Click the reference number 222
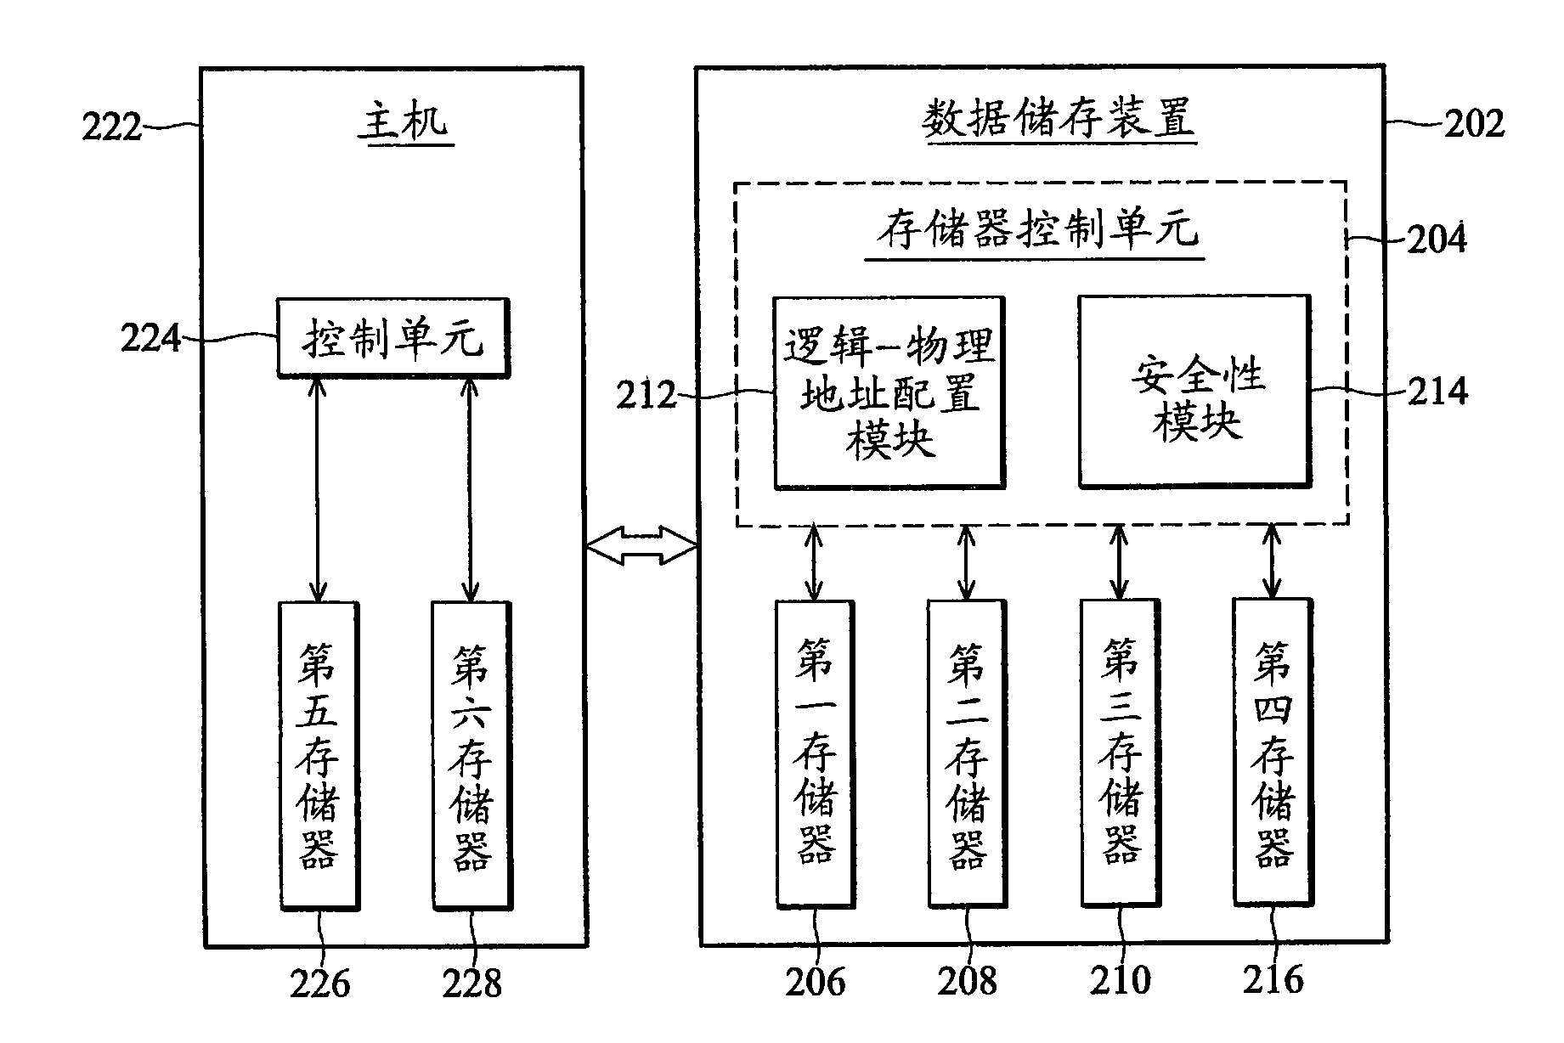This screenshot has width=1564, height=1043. click(111, 128)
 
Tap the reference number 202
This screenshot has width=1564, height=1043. click(1474, 125)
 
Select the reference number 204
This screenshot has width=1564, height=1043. click(1437, 239)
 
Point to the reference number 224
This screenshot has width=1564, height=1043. click(151, 339)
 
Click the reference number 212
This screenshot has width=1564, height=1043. click(646, 396)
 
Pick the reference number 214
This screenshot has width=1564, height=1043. click(1438, 392)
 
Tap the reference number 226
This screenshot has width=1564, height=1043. click(319, 984)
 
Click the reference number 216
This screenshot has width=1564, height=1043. click(1273, 980)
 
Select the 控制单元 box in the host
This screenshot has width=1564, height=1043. click(393, 337)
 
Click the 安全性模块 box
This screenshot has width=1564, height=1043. click(1194, 391)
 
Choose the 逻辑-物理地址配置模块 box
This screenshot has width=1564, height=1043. click(889, 392)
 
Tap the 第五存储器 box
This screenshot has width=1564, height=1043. click(319, 755)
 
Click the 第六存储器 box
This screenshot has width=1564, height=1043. click(471, 755)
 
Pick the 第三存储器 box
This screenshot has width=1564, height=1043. click(1120, 753)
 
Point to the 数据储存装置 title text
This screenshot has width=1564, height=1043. click(1059, 120)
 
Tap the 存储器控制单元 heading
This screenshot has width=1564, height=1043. click(1037, 229)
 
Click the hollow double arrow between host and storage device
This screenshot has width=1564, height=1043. click(641, 545)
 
